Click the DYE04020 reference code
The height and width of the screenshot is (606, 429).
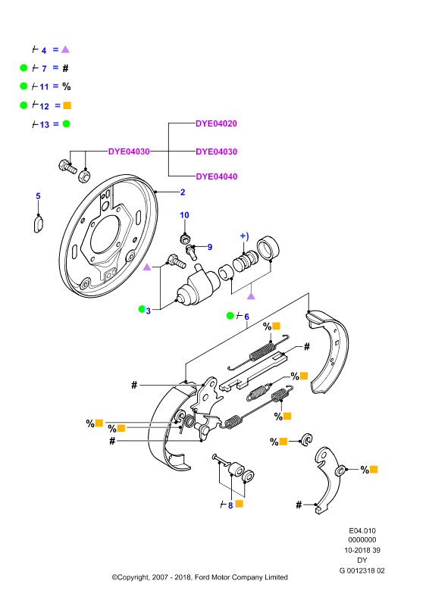pos(216,123)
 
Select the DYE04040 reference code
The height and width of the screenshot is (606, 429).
pos(217,176)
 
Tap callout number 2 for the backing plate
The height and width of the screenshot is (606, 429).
pos(183,192)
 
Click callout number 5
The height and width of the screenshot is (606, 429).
pos(38,196)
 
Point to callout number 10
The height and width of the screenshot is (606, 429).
pos(184,215)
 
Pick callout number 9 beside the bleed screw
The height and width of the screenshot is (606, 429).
pos(210,247)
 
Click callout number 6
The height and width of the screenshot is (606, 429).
pos(246,317)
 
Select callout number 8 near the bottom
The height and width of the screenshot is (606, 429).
pos(230,505)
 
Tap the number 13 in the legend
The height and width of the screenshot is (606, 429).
pos(45,124)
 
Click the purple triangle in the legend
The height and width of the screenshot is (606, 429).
pos(65,49)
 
